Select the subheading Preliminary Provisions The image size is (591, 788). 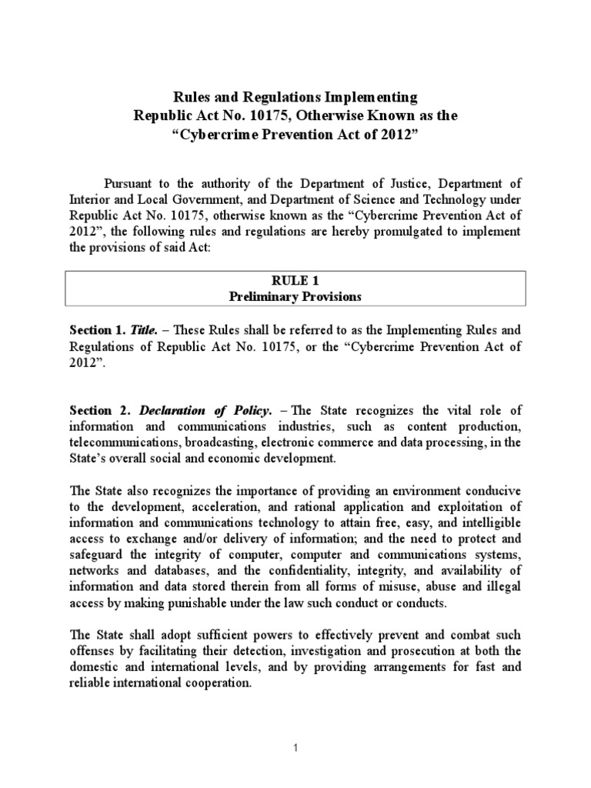pyautogui.click(x=295, y=296)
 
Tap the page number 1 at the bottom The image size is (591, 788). pyautogui.click(x=295, y=746)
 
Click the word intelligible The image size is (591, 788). pyautogui.click(x=469, y=522)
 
